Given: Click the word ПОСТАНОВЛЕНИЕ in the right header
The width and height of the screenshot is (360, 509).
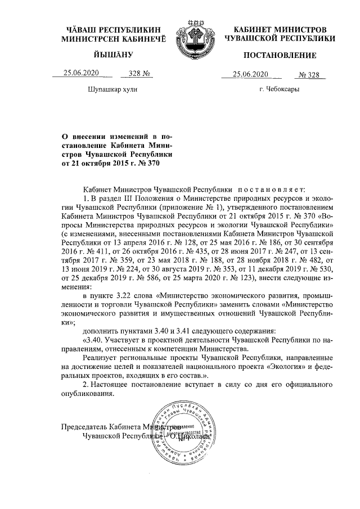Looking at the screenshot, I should tap(280, 55).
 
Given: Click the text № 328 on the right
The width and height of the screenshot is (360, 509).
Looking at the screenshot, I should tap(309, 74).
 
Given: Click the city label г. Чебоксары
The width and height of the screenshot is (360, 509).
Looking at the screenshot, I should tap(279, 90).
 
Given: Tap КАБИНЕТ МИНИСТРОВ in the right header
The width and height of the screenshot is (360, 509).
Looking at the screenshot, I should tap(280, 28).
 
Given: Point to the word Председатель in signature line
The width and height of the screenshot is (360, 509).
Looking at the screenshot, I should tap(84, 426).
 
